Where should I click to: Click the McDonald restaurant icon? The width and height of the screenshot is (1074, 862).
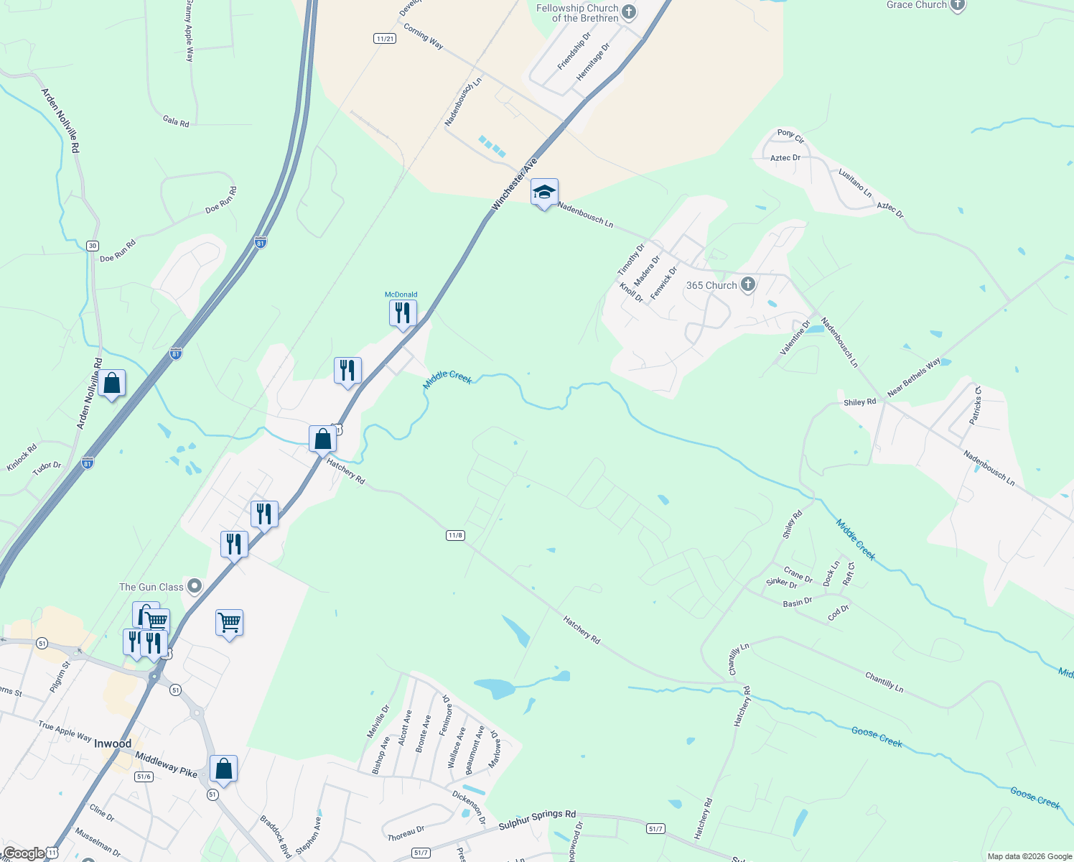click(403, 313)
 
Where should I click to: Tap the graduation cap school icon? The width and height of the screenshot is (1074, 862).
click(544, 193)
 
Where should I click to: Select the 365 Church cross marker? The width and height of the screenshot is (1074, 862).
click(748, 285)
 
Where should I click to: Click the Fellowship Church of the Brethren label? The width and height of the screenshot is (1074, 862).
click(578, 13)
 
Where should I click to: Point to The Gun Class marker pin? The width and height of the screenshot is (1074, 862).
click(195, 587)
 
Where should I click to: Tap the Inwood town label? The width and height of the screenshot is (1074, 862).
click(113, 743)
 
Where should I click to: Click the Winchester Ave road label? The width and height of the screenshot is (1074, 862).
click(514, 185)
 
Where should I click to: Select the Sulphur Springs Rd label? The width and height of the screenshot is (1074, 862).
click(537, 820)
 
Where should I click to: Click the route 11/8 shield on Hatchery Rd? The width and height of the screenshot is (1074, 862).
click(455, 535)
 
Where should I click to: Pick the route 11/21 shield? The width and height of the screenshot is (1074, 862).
click(385, 38)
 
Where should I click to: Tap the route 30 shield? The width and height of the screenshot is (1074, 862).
click(93, 246)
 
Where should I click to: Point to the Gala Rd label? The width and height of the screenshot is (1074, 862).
click(176, 121)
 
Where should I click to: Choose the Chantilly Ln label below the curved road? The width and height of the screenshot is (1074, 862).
click(884, 682)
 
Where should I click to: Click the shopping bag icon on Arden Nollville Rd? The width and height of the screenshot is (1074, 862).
click(112, 384)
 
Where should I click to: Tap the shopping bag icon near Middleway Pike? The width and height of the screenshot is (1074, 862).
click(223, 769)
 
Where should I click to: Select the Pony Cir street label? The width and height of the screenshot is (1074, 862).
click(790, 134)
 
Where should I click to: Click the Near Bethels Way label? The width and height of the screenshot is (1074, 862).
click(913, 378)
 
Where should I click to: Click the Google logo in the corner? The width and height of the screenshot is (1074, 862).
click(24, 853)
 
